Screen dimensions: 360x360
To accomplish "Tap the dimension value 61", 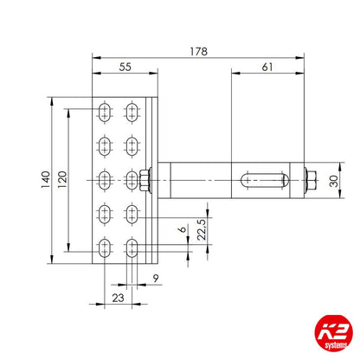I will pyautogui.click(x=267, y=66).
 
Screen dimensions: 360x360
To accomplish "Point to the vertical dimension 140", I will pyautogui.click(x=42, y=179).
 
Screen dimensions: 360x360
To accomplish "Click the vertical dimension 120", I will pyautogui.click(x=60, y=179).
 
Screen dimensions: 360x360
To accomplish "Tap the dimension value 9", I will pyautogui.click(x=156, y=278).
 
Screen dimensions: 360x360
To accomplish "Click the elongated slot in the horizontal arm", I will pyautogui.click(x=262, y=180).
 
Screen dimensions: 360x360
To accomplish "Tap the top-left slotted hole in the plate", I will pyautogui.click(x=104, y=110).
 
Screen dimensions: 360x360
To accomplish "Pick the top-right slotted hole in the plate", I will pyautogui.click(x=132, y=110).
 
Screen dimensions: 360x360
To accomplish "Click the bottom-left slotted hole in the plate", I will pyautogui.click(x=104, y=249).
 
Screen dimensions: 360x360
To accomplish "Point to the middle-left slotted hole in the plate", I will pyautogui.click(x=104, y=179).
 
